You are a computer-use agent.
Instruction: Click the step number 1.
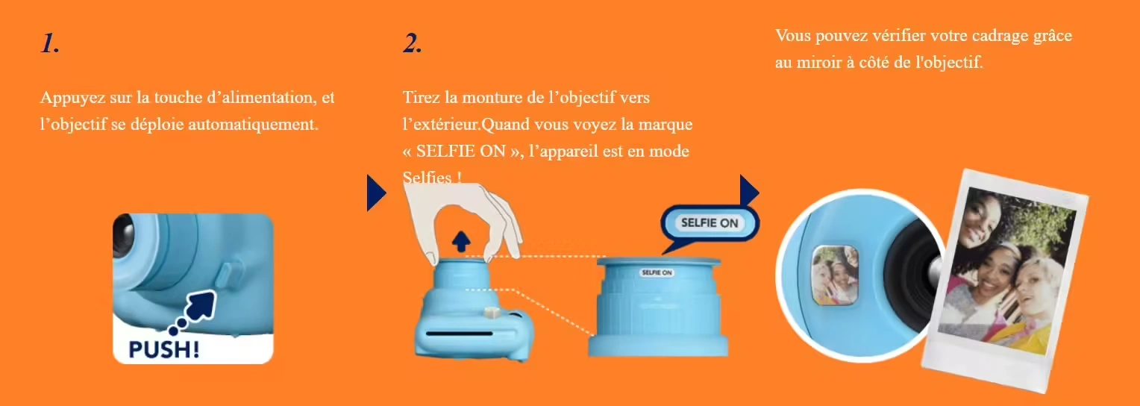pyautogui.click(x=50, y=43)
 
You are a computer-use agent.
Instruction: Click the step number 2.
pyautogui.click(x=413, y=43)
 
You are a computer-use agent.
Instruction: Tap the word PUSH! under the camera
pyautogui.click(x=164, y=349)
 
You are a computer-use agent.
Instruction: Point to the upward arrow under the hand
pyautogui.click(x=461, y=241)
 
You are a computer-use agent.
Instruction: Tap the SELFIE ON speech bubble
pyautogui.click(x=710, y=224)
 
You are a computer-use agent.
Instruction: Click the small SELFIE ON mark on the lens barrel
pyautogui.click(x=657, y=272)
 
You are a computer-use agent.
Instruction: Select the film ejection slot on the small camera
pyautogui.click(x=459, y=334)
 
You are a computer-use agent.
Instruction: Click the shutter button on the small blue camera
pyautogui.click(x=491, y=312)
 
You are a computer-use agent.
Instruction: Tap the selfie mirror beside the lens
pyautogui.click(x=835, y=275)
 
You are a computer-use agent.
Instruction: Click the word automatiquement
pyautogui.click(x=253, y=125)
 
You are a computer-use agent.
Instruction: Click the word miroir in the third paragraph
pyautogui.click(x=819, y=63)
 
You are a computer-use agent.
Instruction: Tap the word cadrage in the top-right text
pyautogui.click(x=1000, y=37)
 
